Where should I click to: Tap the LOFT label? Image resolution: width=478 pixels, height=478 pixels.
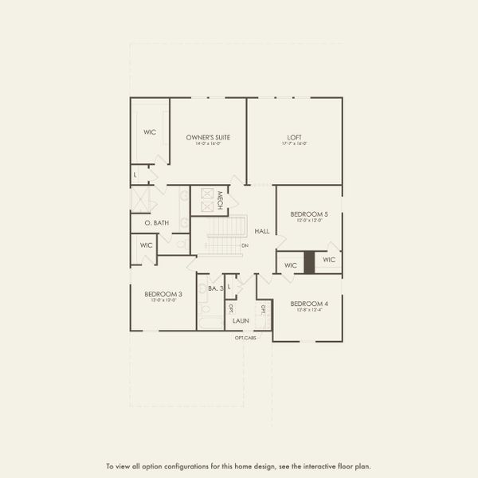(x=294, y=137)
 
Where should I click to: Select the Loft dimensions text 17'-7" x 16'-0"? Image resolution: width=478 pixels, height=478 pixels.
(x=294, y=143)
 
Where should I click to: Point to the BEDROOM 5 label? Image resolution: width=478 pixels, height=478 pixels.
(x=308, y=214)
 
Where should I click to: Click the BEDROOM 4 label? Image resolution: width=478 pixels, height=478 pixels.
(x=308, y=304)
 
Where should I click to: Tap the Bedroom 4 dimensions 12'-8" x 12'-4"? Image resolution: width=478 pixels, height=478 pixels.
(x=308, y=310)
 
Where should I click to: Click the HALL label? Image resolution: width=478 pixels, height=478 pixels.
(x=261, y=231)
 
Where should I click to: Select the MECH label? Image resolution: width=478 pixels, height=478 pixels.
(x=220, y=200)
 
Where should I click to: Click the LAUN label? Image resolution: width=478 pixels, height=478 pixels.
(x=241, y=320)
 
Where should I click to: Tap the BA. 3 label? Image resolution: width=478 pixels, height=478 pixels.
(x=215, y=288)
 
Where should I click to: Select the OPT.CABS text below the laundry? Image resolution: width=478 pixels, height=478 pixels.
(x=245, y=338)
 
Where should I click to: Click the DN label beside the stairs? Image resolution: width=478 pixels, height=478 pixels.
(x=245, y=245)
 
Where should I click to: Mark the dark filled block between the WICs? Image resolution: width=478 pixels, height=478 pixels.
(x=309, y=264)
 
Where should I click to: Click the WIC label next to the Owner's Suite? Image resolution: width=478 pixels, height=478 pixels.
(x=150, y=132)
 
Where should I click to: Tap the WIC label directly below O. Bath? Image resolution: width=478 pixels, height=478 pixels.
(x=146, y=245)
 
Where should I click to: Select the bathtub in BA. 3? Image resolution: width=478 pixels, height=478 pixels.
(x=210, y=323)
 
